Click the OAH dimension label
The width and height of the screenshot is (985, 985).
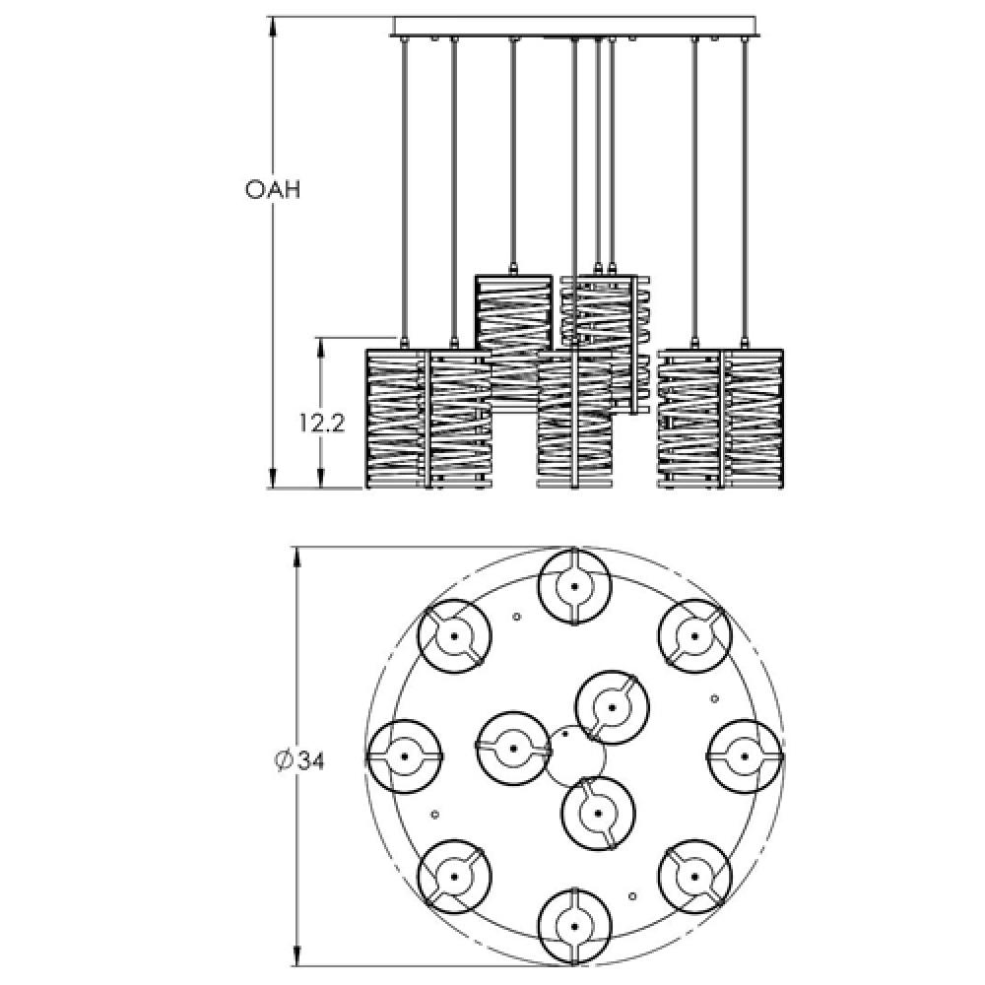tap(273, 189)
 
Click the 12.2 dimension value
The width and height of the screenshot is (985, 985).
tap(321, 424)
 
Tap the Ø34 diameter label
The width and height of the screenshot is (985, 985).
tap(299, 760)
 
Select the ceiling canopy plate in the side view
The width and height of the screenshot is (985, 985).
tap(574, 27)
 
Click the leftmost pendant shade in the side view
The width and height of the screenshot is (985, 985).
tap(397, 419)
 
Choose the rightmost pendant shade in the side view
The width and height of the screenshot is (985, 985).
tap(753, 419)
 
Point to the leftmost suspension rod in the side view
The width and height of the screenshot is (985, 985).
tap(403, 189)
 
